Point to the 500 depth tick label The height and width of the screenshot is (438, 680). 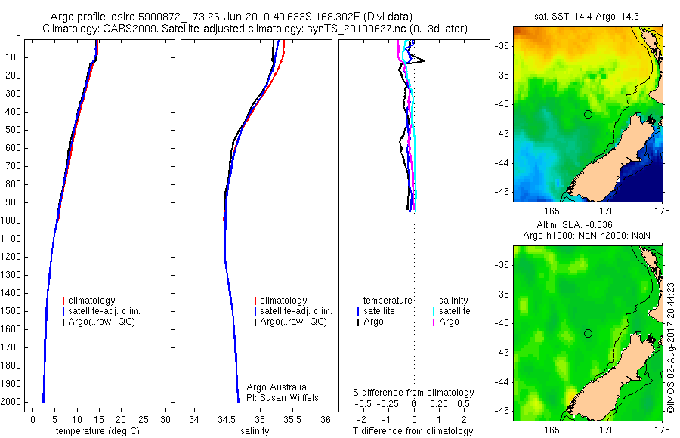pos(12,130)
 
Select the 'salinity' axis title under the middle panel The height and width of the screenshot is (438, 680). pos(254,431)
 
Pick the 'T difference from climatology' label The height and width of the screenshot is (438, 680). pos(413,431)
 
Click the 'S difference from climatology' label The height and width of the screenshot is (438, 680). pos(413,393)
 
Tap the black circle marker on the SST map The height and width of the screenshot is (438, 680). pos(588,114)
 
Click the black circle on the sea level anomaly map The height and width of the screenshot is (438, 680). pos(588,333)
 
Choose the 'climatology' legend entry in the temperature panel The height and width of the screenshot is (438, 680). pos(91,301)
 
